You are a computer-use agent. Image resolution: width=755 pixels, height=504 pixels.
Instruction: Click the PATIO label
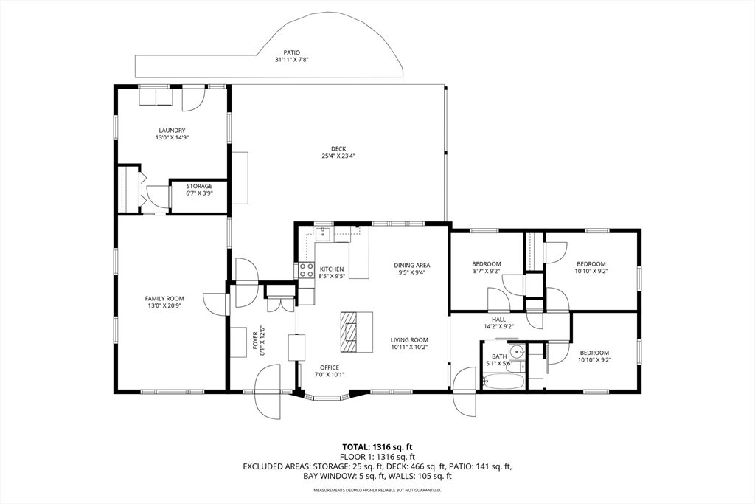(292, 52)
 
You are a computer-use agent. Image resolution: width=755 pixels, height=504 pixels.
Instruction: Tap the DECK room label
(338, 149)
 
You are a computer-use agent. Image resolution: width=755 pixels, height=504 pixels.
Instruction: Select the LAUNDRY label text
(172, 131)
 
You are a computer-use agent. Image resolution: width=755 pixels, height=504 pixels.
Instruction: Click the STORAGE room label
(199, 187)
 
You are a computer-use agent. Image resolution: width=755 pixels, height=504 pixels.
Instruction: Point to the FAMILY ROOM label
(164, 299)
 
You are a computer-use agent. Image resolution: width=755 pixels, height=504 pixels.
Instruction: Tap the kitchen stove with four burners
(306, 270)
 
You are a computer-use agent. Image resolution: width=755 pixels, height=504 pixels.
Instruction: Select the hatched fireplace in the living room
(348, 333)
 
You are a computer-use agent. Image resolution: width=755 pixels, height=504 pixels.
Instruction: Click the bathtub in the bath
(504, 382)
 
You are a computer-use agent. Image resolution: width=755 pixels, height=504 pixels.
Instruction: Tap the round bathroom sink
(518, 352)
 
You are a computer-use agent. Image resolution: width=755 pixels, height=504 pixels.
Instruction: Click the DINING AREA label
(411, 265)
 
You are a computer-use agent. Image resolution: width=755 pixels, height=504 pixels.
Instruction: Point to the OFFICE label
(330, 367)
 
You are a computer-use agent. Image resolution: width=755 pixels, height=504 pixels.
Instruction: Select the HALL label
(499, 320)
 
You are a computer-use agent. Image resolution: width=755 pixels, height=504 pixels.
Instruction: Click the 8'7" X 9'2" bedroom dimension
(487, 271)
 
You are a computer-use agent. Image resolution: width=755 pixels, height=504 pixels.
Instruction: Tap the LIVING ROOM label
(409, 339)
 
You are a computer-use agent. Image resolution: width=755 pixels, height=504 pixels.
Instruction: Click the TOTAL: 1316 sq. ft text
(377, 446)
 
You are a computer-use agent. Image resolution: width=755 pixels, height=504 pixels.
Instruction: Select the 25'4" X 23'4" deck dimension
(338, 156)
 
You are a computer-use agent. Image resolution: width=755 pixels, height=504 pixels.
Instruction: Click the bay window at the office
(327, 398)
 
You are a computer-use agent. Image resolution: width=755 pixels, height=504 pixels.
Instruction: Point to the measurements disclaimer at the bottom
(377, 490)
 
